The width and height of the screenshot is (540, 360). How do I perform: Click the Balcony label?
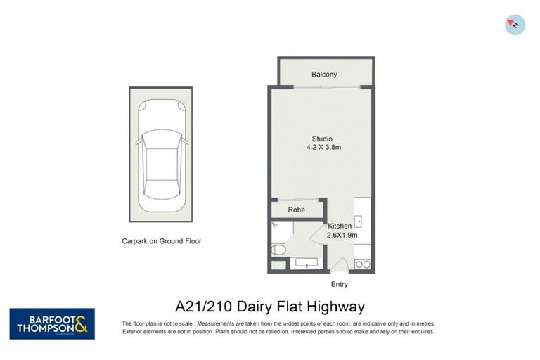pyautogui.click(x=324, y=75)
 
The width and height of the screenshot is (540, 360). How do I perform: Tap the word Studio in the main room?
pyautogui.click(x=323, y=139)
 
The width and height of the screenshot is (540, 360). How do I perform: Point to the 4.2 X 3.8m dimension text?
pyautogui.click(x=323, y=148)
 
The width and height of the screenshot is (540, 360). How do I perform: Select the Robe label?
pyautogui.click(x=297, y=210)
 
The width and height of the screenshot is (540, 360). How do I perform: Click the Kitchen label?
pyautogui.click(x=340, y=226)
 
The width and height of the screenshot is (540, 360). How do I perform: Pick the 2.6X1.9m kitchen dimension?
pyautogui.click(x=342, y=235)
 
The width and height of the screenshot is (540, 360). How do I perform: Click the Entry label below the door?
pyautogui.click(x=339, y=285)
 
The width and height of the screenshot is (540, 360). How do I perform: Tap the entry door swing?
pyautogui.click(x=340, y=266)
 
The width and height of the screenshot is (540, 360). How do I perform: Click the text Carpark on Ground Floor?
pyautogui.click(x=161, y=241)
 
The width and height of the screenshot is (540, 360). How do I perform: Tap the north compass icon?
pyautogui.click(x=515, y=25)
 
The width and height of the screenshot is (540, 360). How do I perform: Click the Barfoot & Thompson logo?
pyautogui.click(x=52, y=323)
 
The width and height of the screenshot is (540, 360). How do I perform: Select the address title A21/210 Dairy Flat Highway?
pyautogui.click(x=270, y=307)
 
